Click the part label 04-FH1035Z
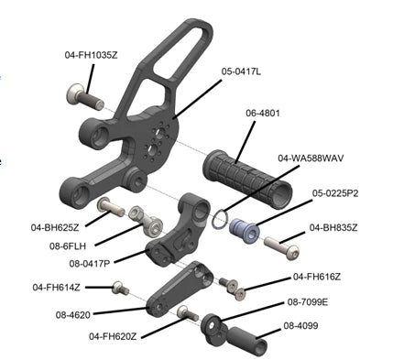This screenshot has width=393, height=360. (x=91, y=55)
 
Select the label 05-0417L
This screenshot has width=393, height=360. (x=241, y=71)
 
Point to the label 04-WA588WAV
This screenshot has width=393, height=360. (x=311, y=158)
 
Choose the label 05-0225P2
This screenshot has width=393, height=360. (x=335, y=193)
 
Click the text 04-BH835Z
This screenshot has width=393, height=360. (x=333, y=227)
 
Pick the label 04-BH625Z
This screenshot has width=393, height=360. (x=55, y=227)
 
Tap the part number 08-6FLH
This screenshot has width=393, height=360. (x=68, y=246)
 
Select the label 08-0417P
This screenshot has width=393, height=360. (x=90, y=264)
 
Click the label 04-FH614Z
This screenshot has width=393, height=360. (x=57, y=288)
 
